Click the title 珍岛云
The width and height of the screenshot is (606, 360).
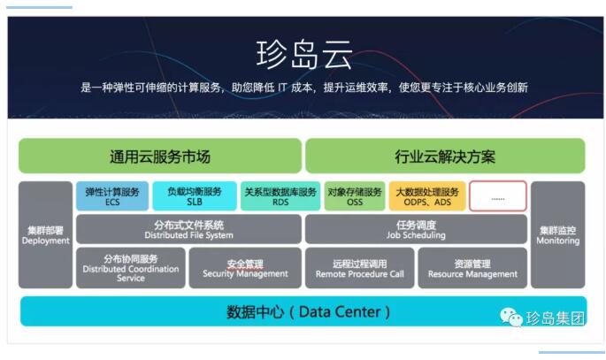click(303, 55)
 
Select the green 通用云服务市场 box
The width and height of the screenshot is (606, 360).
click(160, 156)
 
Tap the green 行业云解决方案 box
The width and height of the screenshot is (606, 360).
click(445, 156)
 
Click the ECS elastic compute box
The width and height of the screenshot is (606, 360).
click(112, 196)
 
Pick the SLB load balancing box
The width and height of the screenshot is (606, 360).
click(195, 196)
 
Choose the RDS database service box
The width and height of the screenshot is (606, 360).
click(280, 196)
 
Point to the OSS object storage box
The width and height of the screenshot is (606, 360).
click(355, 196)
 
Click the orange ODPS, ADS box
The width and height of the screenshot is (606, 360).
click(427, 196)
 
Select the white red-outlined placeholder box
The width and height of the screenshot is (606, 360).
click(498, 196)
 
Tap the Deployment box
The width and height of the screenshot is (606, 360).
click(46, 235)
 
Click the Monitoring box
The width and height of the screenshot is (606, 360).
click(558, 235)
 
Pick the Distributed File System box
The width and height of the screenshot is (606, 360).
click(189, 229)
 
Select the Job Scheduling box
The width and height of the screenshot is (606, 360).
click(417, 229)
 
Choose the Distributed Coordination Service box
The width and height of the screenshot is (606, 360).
click(131, 268)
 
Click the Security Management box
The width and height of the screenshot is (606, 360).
click(245, 268)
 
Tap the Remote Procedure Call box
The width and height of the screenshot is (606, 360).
click(360, 268)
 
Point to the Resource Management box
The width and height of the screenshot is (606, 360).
click(472, 268)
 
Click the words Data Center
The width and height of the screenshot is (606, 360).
click(340, 311)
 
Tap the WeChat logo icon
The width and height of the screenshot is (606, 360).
click(511, 318)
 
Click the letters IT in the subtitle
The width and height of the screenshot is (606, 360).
click(282, 88)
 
